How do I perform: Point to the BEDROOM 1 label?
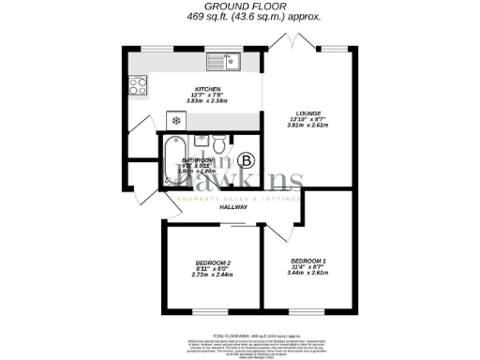308,260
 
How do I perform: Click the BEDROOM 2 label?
213,262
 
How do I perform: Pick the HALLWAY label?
233,208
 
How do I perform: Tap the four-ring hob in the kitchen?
137,85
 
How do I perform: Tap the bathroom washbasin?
200,142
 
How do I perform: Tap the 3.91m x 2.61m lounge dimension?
306,127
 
